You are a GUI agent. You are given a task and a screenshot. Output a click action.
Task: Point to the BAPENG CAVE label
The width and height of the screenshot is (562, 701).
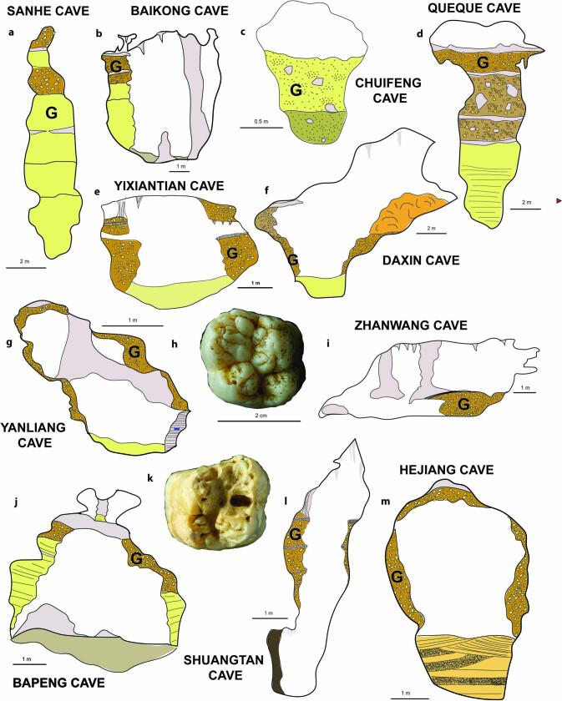click(x=58, y=682)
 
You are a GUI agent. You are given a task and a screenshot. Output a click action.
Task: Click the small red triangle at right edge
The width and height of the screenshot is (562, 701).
click(x=558, y=200)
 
